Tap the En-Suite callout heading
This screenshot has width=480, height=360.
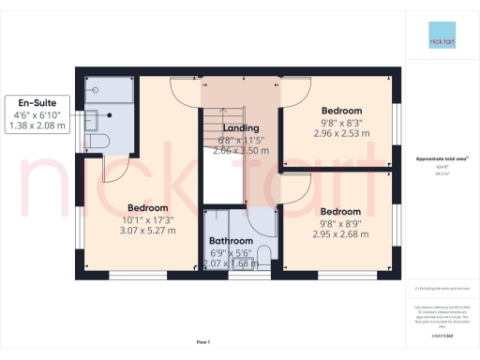35,103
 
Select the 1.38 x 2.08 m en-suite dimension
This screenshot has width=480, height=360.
35,126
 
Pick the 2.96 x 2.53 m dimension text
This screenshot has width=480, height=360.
340,134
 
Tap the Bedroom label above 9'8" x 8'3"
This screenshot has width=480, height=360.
341,111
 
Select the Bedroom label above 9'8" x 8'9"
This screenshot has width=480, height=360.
341,212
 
